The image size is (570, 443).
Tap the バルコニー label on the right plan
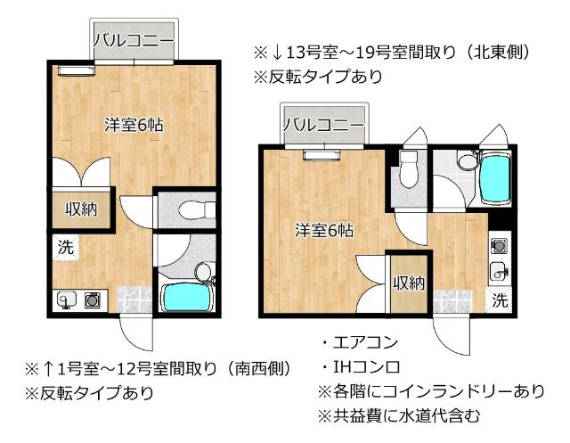[323, 125]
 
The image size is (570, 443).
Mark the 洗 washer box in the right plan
[499, 300]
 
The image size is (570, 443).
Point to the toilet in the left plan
[195, 210]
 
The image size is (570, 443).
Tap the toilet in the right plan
[409, 168]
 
